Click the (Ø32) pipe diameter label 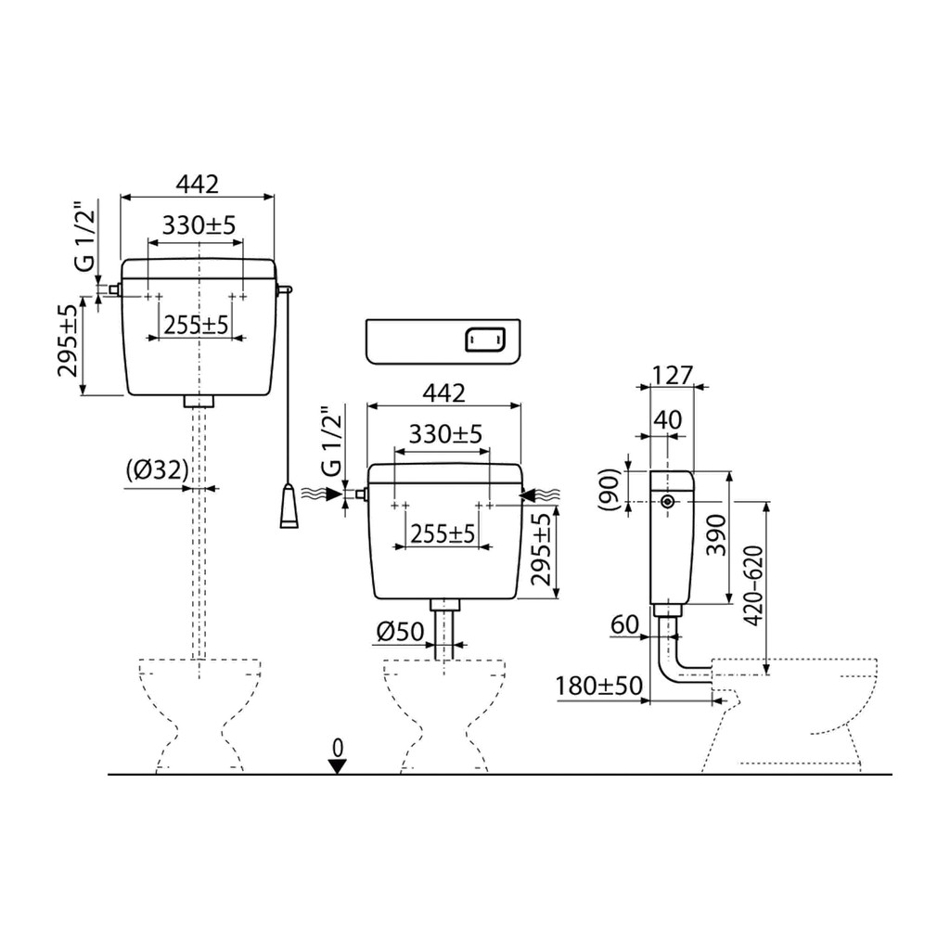(156, 470)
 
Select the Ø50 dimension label (400, 633)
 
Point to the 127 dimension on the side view (673, 375)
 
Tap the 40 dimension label (667, 420)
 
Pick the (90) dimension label (609, 486)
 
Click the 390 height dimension (715, 536)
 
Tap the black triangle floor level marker (338, 765)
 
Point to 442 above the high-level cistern (198, 184)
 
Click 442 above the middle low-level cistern (443, 393)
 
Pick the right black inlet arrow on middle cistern (533, 495)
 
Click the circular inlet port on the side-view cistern (668, 502)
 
